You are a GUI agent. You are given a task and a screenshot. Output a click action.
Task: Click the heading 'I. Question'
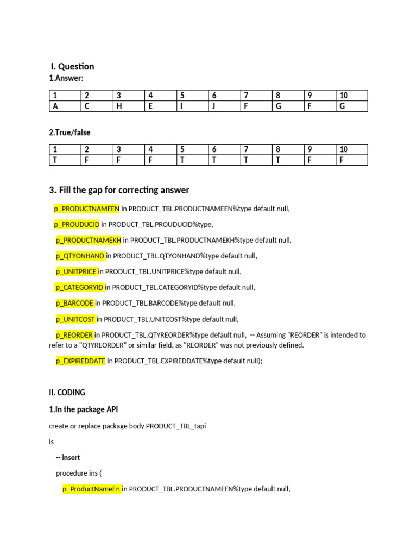point(72,66)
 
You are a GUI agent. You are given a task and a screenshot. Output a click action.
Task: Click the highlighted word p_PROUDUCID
point(77,224)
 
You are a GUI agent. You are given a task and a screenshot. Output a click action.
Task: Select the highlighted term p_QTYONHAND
point(80,256)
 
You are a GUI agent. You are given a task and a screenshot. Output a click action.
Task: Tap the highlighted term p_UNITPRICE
point(76,271)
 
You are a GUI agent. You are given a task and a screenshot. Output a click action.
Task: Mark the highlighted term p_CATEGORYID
point(79,287)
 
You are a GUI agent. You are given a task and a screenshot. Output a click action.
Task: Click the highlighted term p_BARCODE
point(74,303)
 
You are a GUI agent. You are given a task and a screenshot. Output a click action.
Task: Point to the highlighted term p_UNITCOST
point(75,319)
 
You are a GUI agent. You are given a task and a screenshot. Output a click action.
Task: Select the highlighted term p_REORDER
point(74,335)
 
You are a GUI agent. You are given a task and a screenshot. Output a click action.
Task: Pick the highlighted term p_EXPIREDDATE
point(80,361)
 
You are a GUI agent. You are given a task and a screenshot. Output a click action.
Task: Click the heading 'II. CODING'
point(67,392)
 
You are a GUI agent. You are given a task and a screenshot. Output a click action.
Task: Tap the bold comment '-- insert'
point(68,458)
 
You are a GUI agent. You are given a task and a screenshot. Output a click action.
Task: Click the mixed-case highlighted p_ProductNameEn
point(91,489)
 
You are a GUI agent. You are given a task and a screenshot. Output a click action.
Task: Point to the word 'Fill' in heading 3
point(67,190)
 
